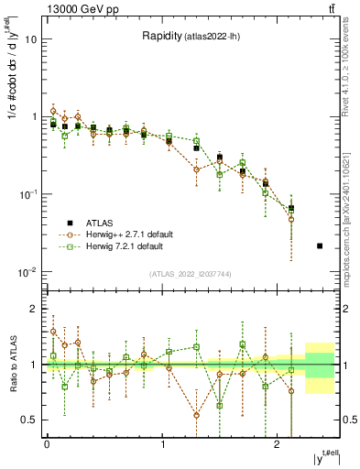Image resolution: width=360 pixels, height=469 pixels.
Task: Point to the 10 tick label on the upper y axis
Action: coord(31,40)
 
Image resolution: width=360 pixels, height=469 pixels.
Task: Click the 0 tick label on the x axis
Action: coord(47,444)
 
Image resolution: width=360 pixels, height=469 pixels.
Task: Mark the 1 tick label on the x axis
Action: coord(162,444)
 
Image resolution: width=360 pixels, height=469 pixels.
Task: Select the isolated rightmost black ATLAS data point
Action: coord(319,245)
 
